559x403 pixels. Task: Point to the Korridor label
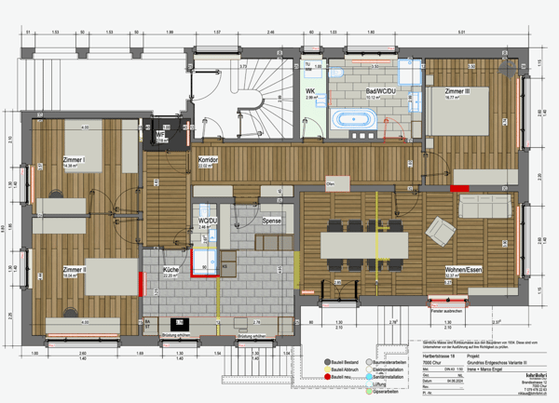[208, 160]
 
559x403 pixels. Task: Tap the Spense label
[272, 221]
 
